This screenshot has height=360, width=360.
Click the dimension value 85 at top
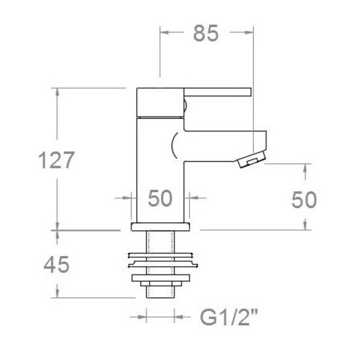pos(206,33)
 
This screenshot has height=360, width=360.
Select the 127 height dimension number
pos(57,160)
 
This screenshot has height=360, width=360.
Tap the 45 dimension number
pos(57,265)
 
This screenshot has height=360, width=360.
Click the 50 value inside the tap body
pos(160,198)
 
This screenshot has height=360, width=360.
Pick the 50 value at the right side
pos(304,200)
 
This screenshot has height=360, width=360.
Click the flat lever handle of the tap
pos(217,92)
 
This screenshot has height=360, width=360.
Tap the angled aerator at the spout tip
pos(251,159)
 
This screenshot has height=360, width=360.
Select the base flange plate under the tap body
pos(161,227)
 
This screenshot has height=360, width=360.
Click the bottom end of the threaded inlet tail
pos(161,298)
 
